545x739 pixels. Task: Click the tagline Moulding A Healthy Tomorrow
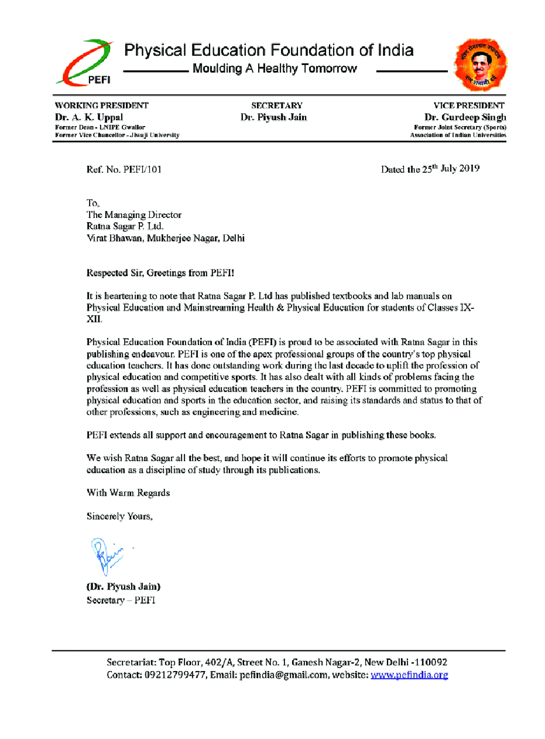click(x=275, y=69)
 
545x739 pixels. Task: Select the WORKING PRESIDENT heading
click(x=101, y=105)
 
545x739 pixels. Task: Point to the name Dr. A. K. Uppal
click(x=89, y=117)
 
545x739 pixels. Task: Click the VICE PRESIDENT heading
click(x=468, y=105)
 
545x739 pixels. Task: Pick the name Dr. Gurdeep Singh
click(x=465, y=117)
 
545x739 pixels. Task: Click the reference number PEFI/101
click(x=142, y=170)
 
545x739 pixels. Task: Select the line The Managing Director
click(x=134, y=215)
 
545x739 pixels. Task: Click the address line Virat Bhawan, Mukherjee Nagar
click(x=166, y=239)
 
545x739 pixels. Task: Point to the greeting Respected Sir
click(x=115, y=273)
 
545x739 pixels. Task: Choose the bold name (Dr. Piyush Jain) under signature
click(x=124, y=587)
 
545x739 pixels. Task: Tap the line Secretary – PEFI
click(x=121, y=601)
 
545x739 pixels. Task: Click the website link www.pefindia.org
click(x=409, y=675)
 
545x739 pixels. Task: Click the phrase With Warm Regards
click(x=128, y=493)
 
